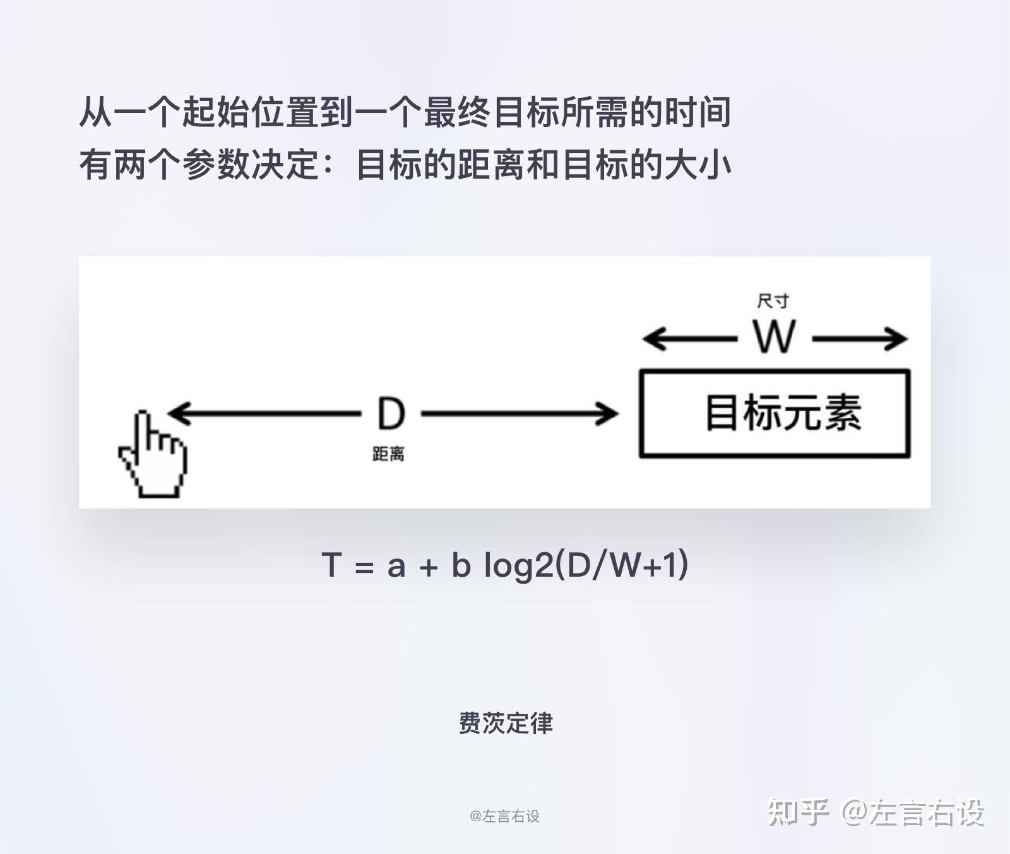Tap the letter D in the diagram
tap(391, 414)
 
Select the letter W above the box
tap(774, 337)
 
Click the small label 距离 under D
tap(388, 454)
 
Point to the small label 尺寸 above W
tap(773, 301)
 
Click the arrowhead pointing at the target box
tap(610, 414)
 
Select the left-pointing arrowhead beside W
tap(652, 339)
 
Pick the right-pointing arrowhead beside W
tap(898, 339)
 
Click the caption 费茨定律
tap(505, 723)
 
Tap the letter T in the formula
tap(331, 564)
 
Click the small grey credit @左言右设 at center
tap(504, 816)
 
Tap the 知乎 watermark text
tap(797, 812)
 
